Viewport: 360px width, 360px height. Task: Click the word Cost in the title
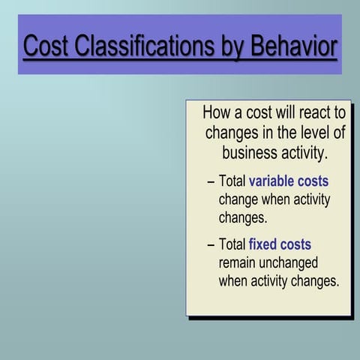(46, 46)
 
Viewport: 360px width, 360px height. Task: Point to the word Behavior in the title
(293, 46)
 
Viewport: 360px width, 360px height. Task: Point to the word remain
(239, 263)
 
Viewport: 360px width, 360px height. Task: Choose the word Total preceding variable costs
(232, 181)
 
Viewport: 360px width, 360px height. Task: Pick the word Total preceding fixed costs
(232, 244)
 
